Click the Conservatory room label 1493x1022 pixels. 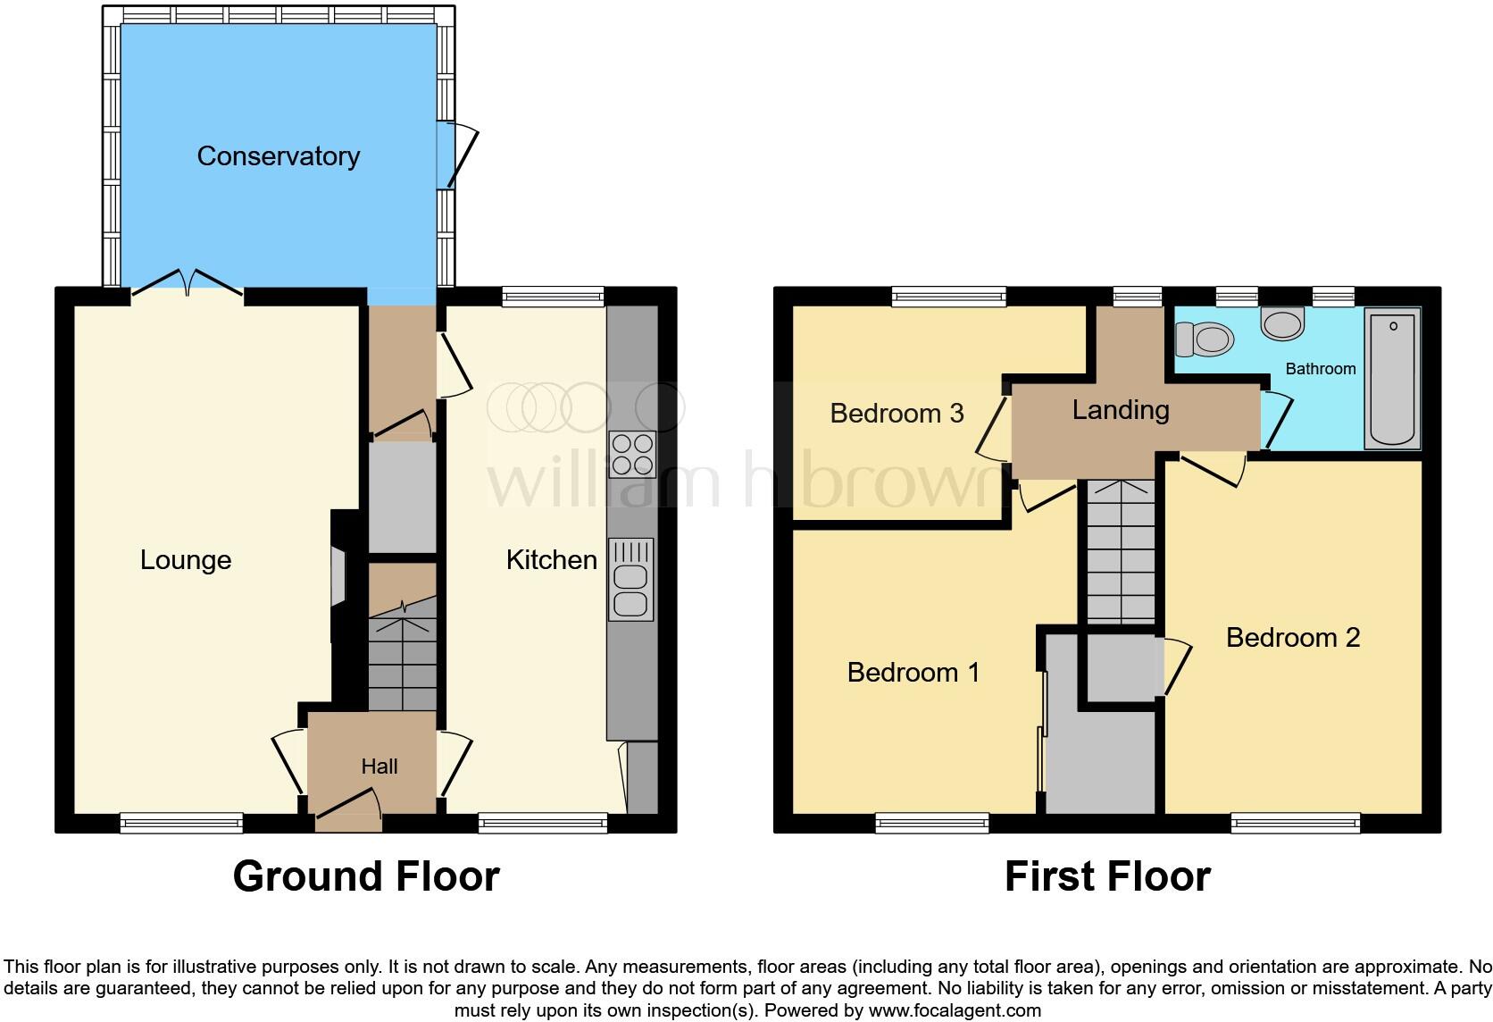coord(278,156)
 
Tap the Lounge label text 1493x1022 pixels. coord(186,560)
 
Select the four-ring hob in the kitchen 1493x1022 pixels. coord(632,454)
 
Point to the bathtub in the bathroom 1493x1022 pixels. coord(1392,378)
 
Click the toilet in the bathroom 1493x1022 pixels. coord(1204,339)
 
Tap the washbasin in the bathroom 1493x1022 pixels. coord(1283,323)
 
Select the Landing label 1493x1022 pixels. coord(1121,410)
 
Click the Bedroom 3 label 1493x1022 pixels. coord(897,414)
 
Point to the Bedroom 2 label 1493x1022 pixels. coord(1292,638)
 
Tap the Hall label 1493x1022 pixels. coord(380,766)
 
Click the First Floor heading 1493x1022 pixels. coord(1107,876)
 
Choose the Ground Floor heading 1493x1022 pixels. coord(366,876)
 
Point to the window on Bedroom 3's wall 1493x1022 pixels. coord(948,297)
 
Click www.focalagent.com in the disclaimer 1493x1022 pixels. coord(954,1010)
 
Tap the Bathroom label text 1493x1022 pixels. coord(1320,369)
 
